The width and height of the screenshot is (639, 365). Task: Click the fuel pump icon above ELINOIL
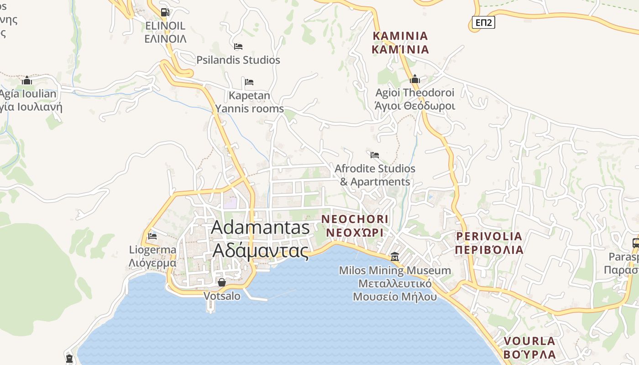pyautogui.click(x=165, y=12)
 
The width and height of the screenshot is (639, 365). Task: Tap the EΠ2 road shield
pyautogui.click(x=483, y=22)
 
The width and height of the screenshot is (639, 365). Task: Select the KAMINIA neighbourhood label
pyautogui.click(x=400, y=36)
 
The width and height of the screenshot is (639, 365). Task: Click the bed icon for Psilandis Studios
pyautogui.click(x=238, y=47)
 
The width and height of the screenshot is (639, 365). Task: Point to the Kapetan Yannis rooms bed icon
pyautogui.click(x=249, y=82)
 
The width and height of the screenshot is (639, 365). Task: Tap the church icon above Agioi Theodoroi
pyautogui.click(x=414, y=79)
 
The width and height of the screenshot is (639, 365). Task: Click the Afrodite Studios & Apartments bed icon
pyautogui.click(x=375, y=155)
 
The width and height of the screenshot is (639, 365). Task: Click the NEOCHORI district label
pyautogui.click(x=355, y=219)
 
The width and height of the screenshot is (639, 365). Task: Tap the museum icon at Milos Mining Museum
pyautogui.click(x=395, y=256)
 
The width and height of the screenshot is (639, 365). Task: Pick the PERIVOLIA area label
pyautogui.click(x=489, y=236)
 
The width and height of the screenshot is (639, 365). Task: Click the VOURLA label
pyautogui.click(x=529, y=341)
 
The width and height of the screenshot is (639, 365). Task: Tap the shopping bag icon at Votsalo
pyautogui.click(x=221, y=282)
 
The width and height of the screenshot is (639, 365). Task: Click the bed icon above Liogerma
pyautogui.click(x=152, y=236)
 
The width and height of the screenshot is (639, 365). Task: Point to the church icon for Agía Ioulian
pyautogui.click(x=27, y=81)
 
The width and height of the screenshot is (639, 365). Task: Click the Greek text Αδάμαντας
pyautogui.click(x=260, y=250)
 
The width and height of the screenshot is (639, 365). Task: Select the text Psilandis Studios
pyautogui.click(x=238, y=60)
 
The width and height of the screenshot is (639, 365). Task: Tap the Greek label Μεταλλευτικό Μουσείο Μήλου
pyautogui.click(x=395, y=290)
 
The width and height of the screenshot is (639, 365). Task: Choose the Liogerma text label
pyautogui.click(x=152, y=250)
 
